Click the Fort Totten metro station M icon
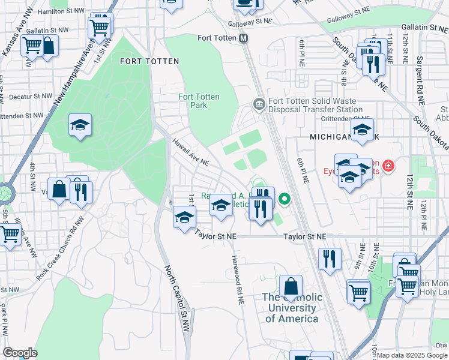click(244, 38)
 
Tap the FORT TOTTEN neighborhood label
click(149, 61)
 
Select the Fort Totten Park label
click(199, 101)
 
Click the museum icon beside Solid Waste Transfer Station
click(259, 105)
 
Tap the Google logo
click(20, 353)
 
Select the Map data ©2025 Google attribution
click(411, 355)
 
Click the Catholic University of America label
click(291, 308)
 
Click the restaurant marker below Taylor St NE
click(329, 259)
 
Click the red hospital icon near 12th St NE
click(388, 165)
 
